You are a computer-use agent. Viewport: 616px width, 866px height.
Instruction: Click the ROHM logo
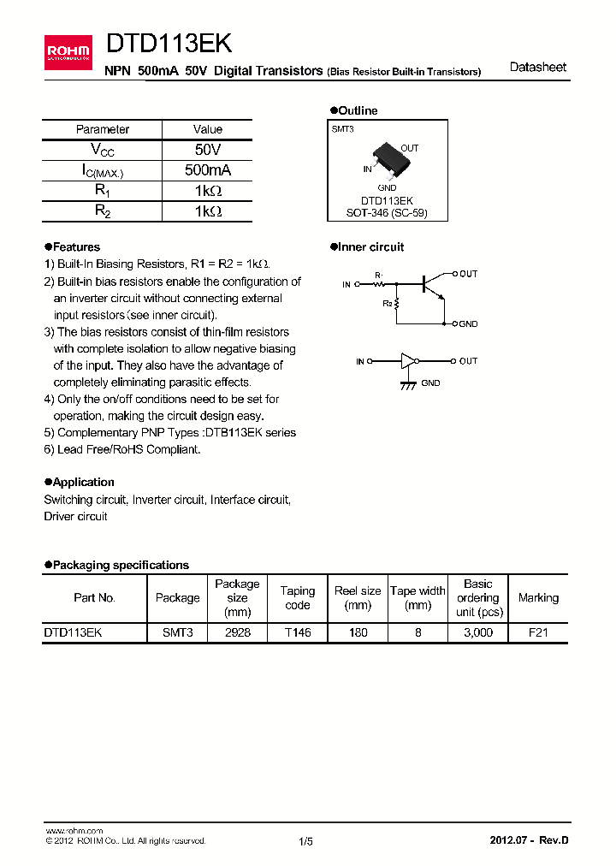click(68, 52)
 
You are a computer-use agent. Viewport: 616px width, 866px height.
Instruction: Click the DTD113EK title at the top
click(168, 44)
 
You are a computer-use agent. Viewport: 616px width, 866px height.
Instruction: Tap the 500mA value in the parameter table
click(208, 170)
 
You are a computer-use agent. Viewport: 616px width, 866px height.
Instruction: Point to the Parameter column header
click(103, 129)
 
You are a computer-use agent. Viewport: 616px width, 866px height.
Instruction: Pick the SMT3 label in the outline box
click(342, 128)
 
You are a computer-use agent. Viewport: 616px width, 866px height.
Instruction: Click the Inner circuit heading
click(370, 247)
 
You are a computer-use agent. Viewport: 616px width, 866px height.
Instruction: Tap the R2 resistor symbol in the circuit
click(397, 304)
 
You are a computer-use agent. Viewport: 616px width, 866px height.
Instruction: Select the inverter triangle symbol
click(407, 361)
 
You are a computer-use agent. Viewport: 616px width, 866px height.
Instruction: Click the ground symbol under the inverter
click(408, 385)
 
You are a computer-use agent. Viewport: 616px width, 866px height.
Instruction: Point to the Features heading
click(75, 247)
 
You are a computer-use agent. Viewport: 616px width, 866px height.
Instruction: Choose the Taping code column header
click(298, 598)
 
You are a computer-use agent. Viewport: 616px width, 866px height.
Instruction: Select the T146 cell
click(298, 632)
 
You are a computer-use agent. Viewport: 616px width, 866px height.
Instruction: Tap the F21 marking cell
click(538, 632)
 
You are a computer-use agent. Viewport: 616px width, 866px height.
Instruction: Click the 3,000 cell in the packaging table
click(477, 632)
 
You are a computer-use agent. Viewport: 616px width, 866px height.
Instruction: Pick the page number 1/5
click(306, 841)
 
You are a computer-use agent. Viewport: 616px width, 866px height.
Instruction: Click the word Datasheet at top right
click(537, 68)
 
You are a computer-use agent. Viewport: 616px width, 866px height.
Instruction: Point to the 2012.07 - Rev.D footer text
click(529, 840)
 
